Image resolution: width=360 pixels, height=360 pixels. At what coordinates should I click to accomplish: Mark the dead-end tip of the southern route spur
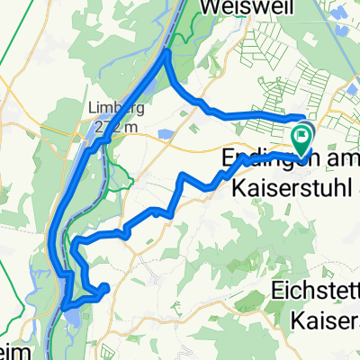[x=106, y=288]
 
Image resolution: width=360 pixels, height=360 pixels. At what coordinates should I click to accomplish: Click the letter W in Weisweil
[x=209, y=6]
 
